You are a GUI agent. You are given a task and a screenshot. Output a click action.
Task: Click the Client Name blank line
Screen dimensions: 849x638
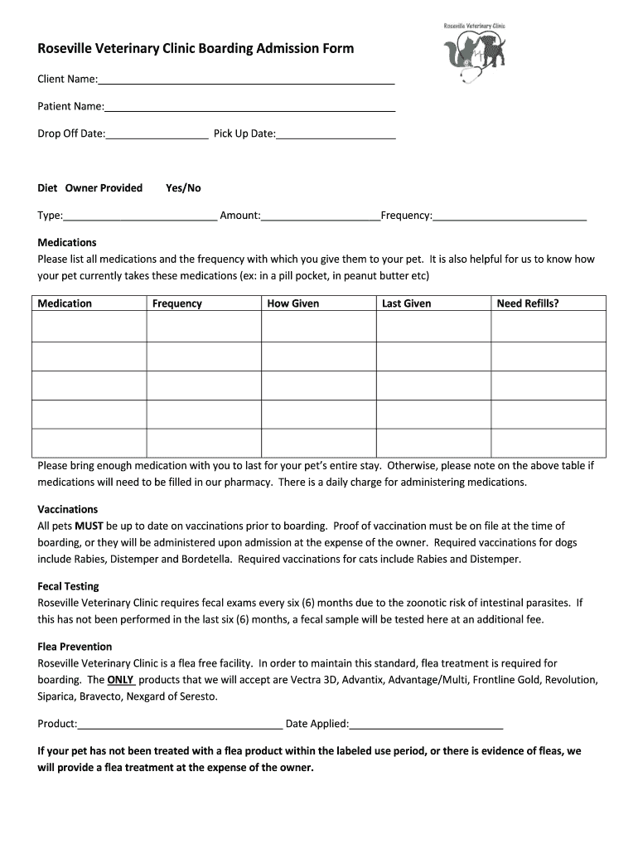click(246, 81)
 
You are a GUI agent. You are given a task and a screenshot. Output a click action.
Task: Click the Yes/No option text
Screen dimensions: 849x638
click(183, 188)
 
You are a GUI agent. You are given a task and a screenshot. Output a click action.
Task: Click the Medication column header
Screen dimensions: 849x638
click(65, 303)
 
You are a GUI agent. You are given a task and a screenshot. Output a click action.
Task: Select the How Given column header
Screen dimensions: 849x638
click(292, 303)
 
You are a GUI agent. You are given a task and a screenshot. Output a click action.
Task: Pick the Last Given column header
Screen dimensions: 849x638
click(406, 303)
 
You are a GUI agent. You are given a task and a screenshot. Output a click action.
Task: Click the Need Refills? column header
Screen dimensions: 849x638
click(528, 303)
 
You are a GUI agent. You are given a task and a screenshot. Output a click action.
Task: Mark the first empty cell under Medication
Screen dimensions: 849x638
click(89, 327)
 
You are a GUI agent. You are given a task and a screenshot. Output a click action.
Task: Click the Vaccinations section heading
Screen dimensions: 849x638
click(68, 509)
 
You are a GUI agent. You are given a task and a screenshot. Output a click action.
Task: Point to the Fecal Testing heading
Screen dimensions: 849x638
click(68, 586)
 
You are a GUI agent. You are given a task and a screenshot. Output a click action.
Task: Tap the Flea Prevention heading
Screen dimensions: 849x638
click(75, 647)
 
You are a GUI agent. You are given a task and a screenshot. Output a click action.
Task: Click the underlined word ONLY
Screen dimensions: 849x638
click(121, 680)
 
